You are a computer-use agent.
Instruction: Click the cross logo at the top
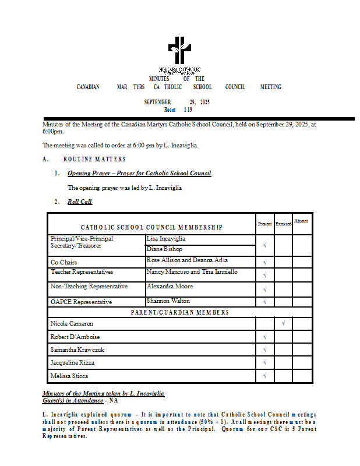coord(179,51)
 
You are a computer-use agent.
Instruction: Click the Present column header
coord(264,224)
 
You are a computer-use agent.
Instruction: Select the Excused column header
coord(283,224)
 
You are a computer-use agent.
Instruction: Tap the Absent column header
coord(301,221)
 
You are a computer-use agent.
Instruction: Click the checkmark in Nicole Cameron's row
coord(283,322)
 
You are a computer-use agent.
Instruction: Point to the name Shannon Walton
coord(168,301)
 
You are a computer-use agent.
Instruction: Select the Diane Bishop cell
coord(164,249)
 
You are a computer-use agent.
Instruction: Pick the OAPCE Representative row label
coord(81,302)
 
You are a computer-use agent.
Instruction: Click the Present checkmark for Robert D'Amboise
coord(264,337)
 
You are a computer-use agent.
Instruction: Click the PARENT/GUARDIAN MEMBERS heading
coord(179,312)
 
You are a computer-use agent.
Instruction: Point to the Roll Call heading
coord(79,202)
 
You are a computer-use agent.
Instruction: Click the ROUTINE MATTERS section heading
coord(94,159)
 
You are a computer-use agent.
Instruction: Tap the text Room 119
coord(178,110)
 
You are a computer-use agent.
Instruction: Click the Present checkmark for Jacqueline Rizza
coord(264,362)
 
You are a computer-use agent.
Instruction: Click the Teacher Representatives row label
coord(82,272)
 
